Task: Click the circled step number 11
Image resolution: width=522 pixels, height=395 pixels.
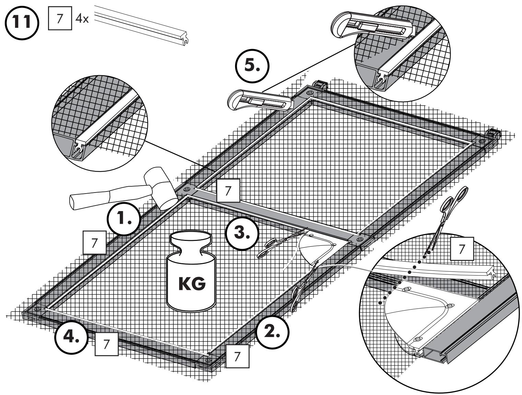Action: click(22, 23)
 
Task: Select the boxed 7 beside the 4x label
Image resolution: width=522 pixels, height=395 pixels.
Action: click(60, 18)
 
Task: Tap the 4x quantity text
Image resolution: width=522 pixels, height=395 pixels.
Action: click(82, 19)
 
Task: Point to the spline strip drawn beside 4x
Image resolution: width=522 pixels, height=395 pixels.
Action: click(142, 25)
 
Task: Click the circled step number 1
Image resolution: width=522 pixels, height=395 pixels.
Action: click(124, 219)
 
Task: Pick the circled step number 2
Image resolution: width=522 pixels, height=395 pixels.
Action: click(272, 332)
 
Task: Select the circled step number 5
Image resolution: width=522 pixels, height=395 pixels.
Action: click(252, 66)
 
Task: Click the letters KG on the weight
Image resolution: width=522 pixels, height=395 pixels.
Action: click(192, 284)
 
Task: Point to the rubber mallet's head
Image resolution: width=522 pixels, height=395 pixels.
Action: click(161, 188)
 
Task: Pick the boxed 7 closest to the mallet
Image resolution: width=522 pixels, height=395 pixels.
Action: click(228, 191)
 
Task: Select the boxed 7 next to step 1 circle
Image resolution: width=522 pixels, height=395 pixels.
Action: click(94, 242)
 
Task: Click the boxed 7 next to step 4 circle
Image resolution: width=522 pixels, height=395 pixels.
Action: click(106, 344)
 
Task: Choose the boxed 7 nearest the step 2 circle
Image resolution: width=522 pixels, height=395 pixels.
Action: click(237, 356)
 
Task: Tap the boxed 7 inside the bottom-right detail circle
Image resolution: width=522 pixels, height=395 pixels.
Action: click(462, 249)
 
